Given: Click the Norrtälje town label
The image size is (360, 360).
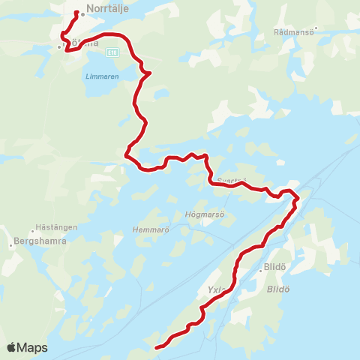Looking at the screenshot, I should tap(109, 10).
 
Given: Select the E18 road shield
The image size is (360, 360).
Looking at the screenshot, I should tap(112, 52).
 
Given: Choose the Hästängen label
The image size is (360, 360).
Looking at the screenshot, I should tap(52, 226).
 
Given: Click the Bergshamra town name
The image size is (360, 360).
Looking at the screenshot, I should tap(40, 242).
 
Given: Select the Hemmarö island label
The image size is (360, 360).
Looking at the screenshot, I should tap(147, 229).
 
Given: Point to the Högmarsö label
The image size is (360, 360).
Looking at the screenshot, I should tap(200, 214).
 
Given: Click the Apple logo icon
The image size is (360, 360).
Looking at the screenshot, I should tap(12, 347).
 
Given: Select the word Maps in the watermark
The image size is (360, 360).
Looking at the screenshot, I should tap(32, 347).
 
